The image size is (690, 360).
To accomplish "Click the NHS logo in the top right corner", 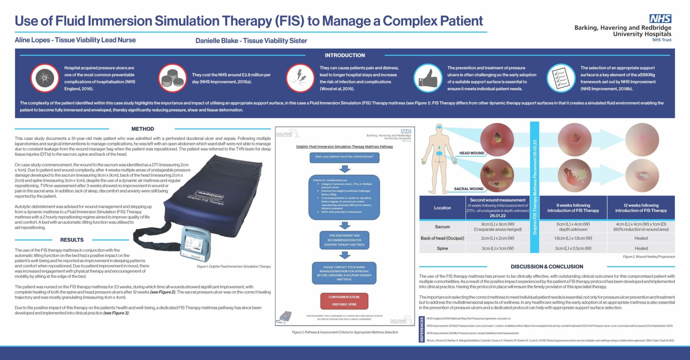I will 660,19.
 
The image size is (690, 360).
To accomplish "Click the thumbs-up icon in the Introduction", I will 428,78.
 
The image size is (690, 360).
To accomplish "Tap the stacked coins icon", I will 172,78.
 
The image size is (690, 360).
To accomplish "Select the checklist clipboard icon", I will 561,78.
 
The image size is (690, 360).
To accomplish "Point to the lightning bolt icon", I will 300,78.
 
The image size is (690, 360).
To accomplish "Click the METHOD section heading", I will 143,129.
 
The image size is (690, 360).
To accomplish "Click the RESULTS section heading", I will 72,240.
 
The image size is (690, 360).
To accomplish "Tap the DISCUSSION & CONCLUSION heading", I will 546,267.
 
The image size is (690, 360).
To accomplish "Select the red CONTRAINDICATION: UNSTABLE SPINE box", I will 344,301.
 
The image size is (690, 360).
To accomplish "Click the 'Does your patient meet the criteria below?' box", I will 344,157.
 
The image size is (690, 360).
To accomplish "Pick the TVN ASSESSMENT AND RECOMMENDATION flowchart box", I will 344,240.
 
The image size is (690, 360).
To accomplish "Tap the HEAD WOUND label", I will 472,153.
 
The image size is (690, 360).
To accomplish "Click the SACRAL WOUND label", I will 468,189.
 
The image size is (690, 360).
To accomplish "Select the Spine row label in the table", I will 442,248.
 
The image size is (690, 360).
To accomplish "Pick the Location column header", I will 442,208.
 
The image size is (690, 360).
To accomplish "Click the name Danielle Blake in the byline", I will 216,41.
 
